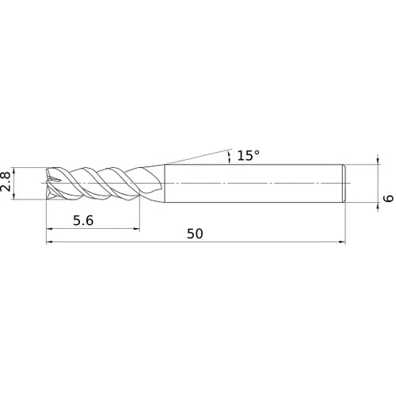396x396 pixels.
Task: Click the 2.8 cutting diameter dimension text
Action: pyautogui.click(x=7, y=183)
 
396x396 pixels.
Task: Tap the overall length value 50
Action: pyautogui.click(x=196, y=234)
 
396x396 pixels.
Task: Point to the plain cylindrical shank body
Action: pyautogui.click(x=253, y=183)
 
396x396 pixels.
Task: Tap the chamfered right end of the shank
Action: pyautogui.click(x=344, y=183)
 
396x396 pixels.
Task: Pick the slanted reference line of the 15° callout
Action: pyautogui.click(x=198, y=155)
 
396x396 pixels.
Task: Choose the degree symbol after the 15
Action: pyautogui.click(x=257, y=151)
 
